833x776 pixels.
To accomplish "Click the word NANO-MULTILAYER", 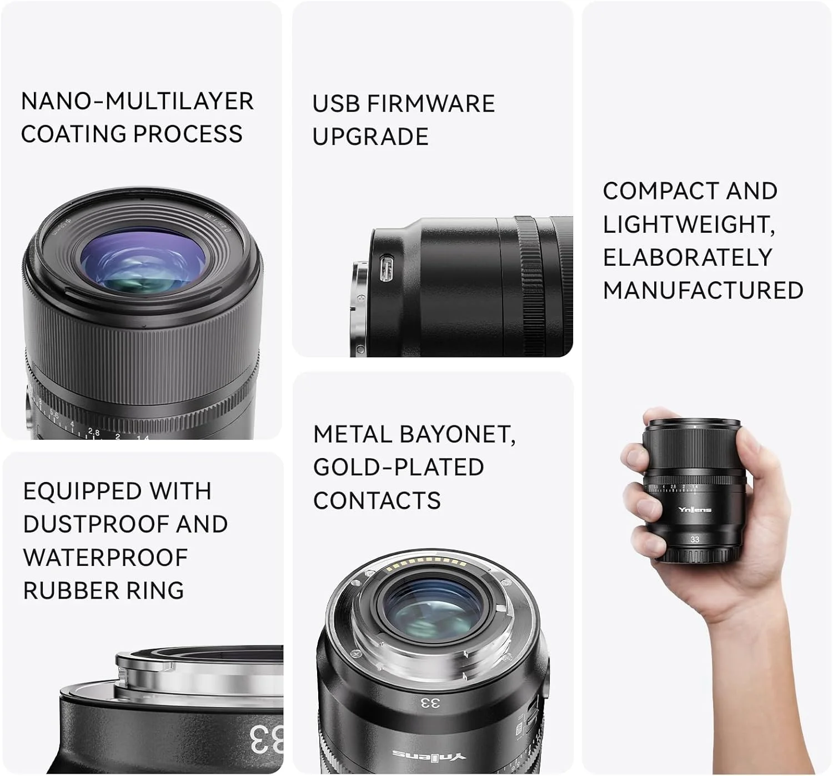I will pos(137,102).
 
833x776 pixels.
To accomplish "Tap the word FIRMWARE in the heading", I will pos(430,104).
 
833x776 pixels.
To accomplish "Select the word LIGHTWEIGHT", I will pos(689,225).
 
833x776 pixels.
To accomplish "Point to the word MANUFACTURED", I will pos(703,291).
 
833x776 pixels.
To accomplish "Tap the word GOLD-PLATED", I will pos(398,467).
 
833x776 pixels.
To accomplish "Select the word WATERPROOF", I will pos(106,558).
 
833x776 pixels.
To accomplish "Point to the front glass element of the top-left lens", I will pos(143,261).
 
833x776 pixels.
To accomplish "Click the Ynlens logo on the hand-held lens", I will pos(694,510).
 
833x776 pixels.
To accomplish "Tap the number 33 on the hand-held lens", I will pos(695,539).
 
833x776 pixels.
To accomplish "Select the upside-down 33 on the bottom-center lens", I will pos(429,703).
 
